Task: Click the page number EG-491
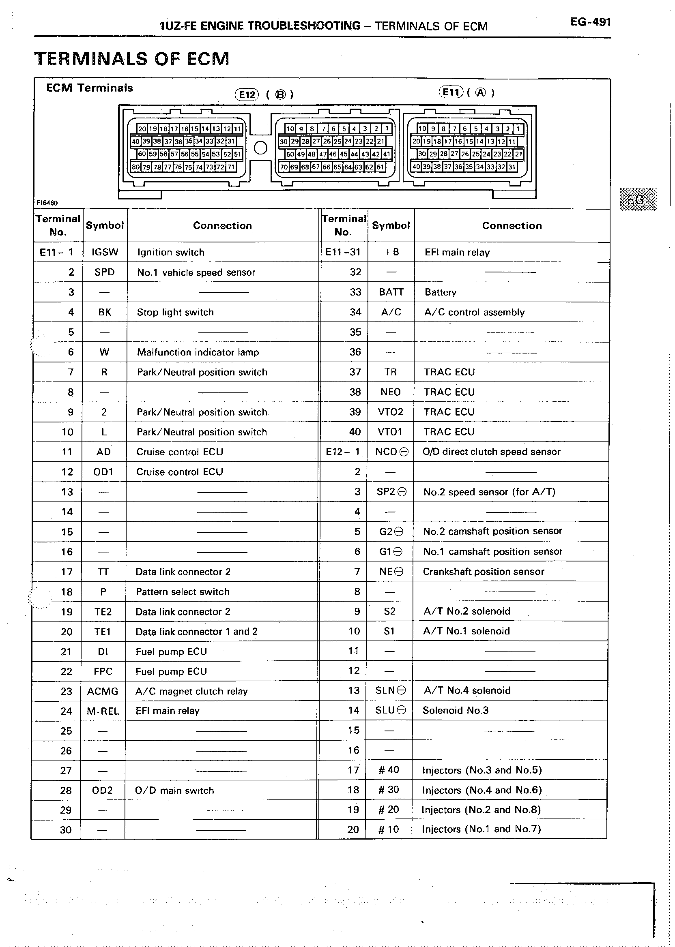[x=590, y=22]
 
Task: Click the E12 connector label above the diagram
[x=247, y=95]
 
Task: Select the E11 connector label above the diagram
[x=451, y=92]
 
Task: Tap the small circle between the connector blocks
[x=260, y=148]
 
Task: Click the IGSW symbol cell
[x=105, y=252]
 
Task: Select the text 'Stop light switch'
[x=175, y=312]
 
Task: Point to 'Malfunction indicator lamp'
[x=198, y=352]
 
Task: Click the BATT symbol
[x=391, y=292]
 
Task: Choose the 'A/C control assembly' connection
[x=474, y=312]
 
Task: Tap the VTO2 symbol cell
[x=390, y=412]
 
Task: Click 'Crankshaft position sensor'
[x=484, y=572]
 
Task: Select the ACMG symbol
[x=103, y=691]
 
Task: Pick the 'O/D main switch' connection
[x=174, y=791]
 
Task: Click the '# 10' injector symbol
[x=389, y=829]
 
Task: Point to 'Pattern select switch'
[x=183, y=591]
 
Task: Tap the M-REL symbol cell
[x=103, y=711]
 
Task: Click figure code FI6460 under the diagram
[x=47, y=203]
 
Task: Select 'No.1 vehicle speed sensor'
[x=196, y=272]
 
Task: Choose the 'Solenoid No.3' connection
[x=456, y=710]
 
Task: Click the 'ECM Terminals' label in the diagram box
[x=89, y=88]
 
